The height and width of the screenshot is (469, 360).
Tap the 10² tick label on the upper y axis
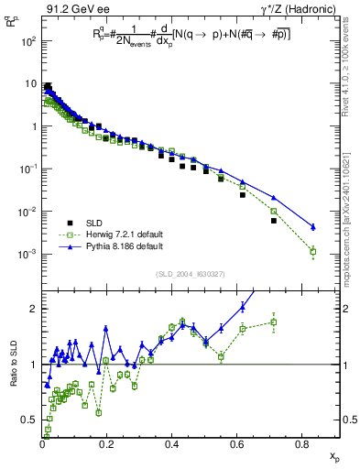(29, 42)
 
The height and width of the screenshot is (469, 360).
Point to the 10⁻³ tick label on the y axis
(29, 254)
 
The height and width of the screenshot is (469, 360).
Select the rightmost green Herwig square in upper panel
(313, 251)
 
